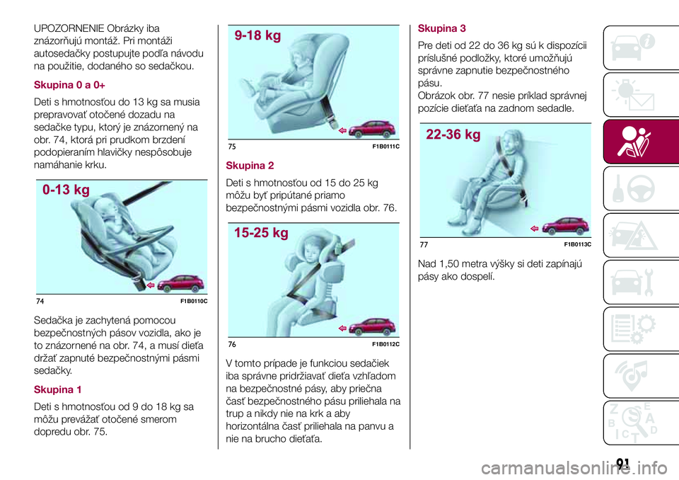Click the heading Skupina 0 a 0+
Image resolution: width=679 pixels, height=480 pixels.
69,85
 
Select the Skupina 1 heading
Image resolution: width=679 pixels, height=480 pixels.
57,389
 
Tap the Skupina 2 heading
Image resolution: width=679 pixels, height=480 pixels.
250,166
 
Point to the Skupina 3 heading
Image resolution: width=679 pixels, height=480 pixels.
441,28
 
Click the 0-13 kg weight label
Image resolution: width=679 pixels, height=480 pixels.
66,190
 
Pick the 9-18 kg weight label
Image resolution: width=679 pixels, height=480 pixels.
257,35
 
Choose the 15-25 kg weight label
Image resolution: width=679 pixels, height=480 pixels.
261,234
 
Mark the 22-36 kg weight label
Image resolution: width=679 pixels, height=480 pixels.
453,135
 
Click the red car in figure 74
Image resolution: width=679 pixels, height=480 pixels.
180,283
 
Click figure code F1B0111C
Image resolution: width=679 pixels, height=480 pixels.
386,147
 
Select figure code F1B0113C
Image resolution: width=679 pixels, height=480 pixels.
578,244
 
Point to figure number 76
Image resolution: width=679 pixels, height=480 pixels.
232,344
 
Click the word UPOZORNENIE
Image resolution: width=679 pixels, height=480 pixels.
69,28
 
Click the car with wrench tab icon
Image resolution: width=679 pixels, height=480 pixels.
632,282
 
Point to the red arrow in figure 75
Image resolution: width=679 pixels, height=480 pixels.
342,130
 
